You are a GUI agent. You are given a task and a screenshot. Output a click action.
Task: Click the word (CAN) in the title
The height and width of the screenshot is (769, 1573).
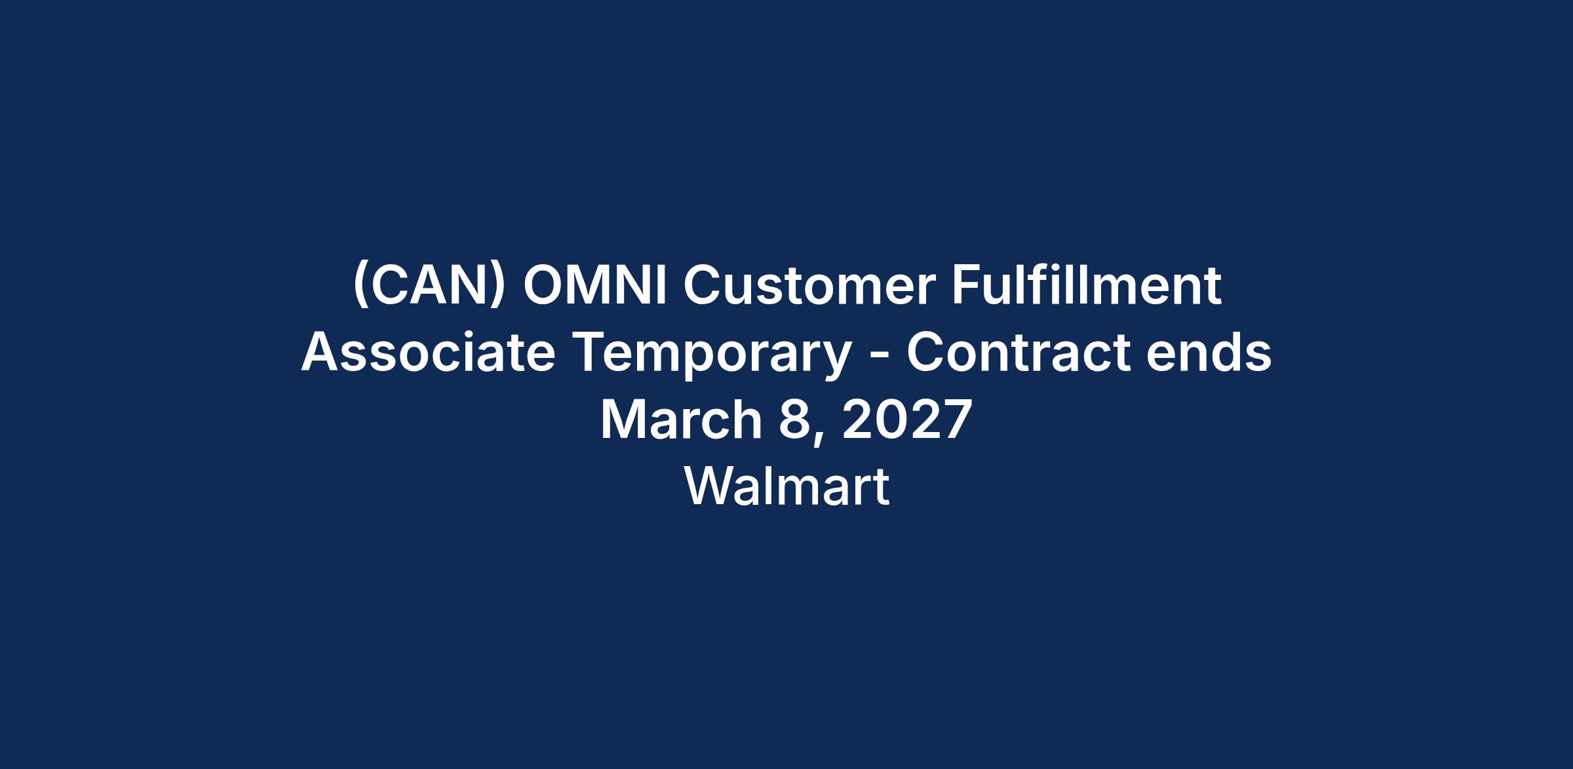point(429,286)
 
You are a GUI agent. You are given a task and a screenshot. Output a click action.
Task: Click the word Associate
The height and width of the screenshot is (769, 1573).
point(428,352)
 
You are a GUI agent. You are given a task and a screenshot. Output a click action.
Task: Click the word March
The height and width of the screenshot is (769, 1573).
point(681,420)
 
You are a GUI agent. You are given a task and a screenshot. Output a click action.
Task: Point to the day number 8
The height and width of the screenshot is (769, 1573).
point(794,420)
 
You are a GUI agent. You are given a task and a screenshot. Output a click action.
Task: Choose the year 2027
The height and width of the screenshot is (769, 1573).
point(907,420)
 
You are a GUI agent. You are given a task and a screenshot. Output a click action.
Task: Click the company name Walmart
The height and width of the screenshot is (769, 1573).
point(786,486)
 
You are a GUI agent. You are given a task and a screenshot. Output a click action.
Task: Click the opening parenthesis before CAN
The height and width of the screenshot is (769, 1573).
point(359,286)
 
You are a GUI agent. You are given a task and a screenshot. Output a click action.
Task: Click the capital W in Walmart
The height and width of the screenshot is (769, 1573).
point(712,486)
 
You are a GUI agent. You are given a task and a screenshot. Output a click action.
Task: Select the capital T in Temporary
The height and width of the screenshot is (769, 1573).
point(588,353)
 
